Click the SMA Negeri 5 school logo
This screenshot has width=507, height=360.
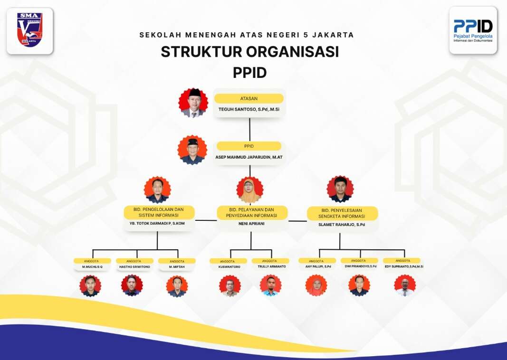click(x=29, y=30)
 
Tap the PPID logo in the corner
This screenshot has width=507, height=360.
click(x=473, y=30)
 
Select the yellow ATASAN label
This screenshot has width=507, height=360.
click(x=249, y=99)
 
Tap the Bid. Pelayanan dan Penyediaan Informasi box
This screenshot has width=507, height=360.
click(x=252, y=212)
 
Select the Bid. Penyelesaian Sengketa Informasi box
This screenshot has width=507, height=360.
click(x=342, y=213)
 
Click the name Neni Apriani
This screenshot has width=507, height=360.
click(x=251, y=223)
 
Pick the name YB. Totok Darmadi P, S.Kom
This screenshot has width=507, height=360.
click(x=157, y=223)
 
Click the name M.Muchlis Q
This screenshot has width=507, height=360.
click(x=92, y=267)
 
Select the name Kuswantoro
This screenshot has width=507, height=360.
click(x=229, y=267)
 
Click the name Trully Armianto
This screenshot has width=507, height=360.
click(x=271, y=267)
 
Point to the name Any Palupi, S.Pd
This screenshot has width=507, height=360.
click(x=318, y=266)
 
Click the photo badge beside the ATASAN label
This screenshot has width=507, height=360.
click(x=193, y=103)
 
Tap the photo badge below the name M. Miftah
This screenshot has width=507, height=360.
click(x=177, y=286)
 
